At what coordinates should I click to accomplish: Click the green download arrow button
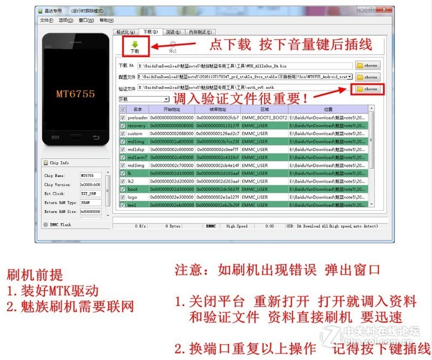135,46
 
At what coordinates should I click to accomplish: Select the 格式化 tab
125,32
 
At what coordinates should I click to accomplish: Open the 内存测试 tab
200,32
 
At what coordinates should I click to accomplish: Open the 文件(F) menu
46,20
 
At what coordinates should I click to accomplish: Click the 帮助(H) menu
107,20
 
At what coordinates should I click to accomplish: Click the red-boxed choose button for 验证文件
367,89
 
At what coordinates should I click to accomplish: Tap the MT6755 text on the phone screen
75,93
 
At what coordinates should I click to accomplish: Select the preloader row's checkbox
123,117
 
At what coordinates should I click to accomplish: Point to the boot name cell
133,189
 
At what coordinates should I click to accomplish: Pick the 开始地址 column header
171,109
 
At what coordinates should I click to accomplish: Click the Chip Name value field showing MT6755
90,175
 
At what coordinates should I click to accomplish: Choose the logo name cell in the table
133,198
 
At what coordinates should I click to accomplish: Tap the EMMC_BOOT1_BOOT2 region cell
264,117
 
